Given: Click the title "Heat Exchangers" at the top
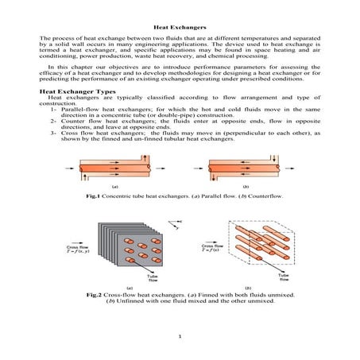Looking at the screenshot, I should pos(180,28).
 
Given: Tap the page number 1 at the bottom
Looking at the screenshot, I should pos(180,336).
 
